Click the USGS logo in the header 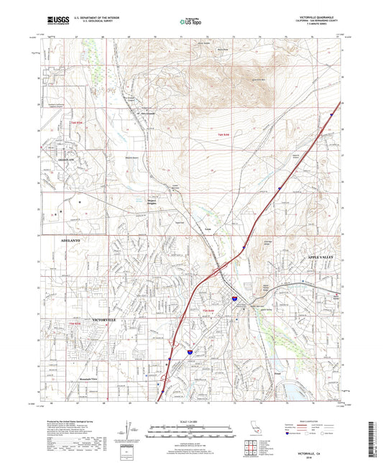(57, 22)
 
